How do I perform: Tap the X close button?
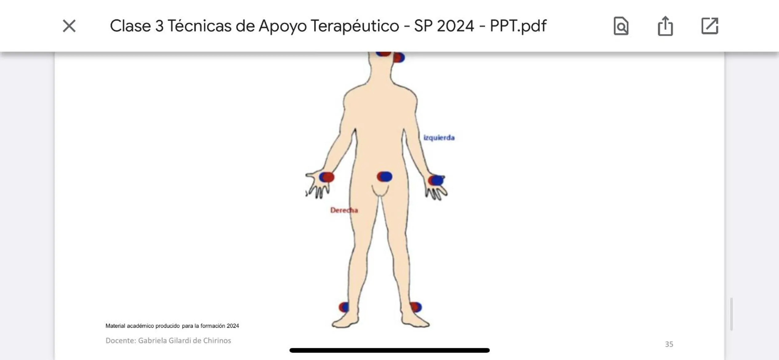pyautogui.click(x=69, y=26)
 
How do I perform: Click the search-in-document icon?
pyautogui.click(x=621, y=26)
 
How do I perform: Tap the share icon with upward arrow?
pyautogui.click(x=665, y=26)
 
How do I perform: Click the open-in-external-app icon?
pyautogui.click(x=710, y=26)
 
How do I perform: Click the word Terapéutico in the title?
pyautogui.click(x=355, y=26)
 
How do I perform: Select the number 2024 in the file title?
pyautogui.click(x=455, y=26)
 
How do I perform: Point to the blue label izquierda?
pyautogui.click(x=439, y=138)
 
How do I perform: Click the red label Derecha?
pyautogui.click(x=344, y=210)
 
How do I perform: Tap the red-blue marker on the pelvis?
pyautogui.click(x=385, y=177)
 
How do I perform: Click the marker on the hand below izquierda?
pyautogui.click(x=436, y=180)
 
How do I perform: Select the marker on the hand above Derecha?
pyautogui.click(x=326, y=177)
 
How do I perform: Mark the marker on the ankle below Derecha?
pyautogui.click(x=344, y=307)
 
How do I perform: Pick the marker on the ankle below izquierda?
pyautogui.click(x=416, y=307)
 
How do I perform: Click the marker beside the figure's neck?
pyautogui.click(x=399, y=58)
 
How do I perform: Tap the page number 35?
pyautogui.click(x=669, y=344)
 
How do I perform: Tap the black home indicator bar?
pyautogui.click(x=389, y=350)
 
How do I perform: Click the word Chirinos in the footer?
pyautogui.click(x=217, y=340)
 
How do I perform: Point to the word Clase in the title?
pyautogui.click(x=130, y=26)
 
